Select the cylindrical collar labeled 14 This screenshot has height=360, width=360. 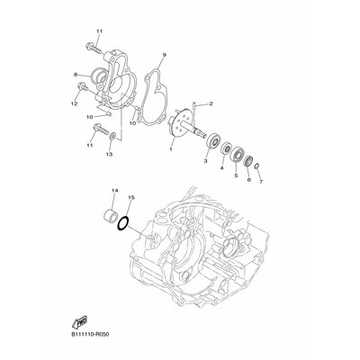tap(111, 216)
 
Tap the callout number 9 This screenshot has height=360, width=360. tap(165, 55)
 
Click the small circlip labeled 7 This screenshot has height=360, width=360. tap(256, 166)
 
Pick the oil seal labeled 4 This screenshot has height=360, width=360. tap(226, 148)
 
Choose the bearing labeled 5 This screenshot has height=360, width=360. tap(237, 154)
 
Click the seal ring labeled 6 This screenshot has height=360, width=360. tap(248, 161)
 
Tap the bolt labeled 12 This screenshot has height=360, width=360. tap(82, 87)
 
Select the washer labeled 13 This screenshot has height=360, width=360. tap(112, 137)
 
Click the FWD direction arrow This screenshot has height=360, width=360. tap(80, 322)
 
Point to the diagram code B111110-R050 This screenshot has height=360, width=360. tap(90, 335)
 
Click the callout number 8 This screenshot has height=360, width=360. tap(76, 74)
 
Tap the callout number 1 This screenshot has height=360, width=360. tap(171, 148)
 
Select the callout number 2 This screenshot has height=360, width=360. tap(211, 103)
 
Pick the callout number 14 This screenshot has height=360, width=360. tap(115, 191)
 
